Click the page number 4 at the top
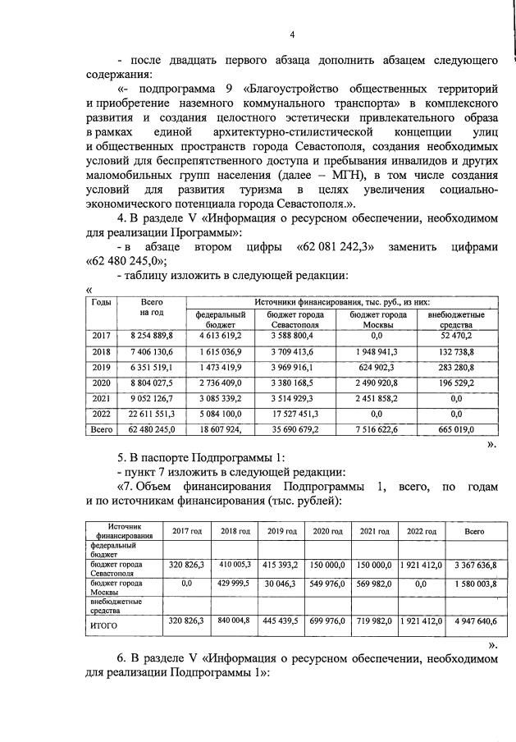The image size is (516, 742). point(291,34)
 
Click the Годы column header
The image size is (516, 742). point(101,303)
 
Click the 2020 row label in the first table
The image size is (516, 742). point(101,382)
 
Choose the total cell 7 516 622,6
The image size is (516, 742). point(378,429)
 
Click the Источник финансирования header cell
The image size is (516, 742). point(120,531)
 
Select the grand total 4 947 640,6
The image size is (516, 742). point(473,621)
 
